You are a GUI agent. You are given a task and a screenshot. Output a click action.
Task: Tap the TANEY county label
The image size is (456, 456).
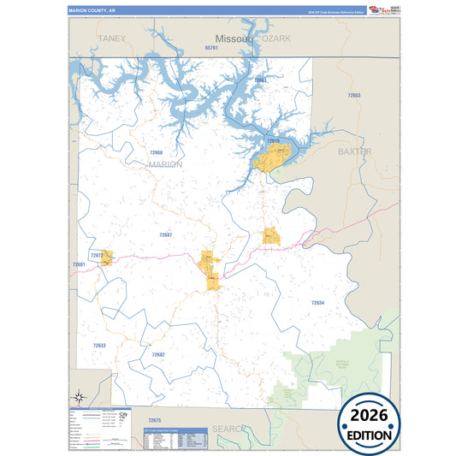pyautogui.click(x=111, y=38)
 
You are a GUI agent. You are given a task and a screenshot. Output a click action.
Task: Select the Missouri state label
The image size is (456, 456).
pyautogui.click(x=233, y=39)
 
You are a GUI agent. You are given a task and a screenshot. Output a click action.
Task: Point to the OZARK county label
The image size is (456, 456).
pyautogui.click(x=276, y=38)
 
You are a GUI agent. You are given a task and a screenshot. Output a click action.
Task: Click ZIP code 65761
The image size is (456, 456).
pyautogui.click(x=212, y=48)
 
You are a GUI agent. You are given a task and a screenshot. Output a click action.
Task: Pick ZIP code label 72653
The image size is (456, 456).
pyautogui.click(x=354, y=95)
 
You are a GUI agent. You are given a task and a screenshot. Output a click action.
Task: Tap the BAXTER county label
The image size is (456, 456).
pyautogui.click(x=355, y=151)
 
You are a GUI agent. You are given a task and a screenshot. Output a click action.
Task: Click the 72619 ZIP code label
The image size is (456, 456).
pyautogui.click(x=273, y=139)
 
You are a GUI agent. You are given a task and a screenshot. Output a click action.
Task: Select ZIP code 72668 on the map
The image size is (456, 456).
pyautogui.click(x=156, y=152)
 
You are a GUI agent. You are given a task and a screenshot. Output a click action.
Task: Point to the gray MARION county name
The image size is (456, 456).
pyautogui.click(x=165, y=164)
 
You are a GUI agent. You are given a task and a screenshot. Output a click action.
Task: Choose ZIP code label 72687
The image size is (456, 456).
pyautogui.click(x=165, y=234)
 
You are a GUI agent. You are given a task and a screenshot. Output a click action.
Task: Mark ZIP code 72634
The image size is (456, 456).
pyautogui.click(x=317, y=303)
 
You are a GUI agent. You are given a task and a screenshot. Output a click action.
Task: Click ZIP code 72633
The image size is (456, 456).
pyautogui.click(x=99, y=346)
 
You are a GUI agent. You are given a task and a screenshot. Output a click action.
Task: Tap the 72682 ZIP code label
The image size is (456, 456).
pyautogui.click(x=158, y=354)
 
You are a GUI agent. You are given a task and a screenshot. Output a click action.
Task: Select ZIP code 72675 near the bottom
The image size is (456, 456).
pyautogui.click(x=154, y=420)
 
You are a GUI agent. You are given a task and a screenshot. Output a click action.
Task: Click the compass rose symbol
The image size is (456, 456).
pyautogui.click(x=80, y=397)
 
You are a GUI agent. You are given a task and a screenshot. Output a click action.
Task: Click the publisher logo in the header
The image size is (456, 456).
pyautogui.click(x=378, y=9)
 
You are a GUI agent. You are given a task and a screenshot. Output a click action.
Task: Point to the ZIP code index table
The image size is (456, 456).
pyautogui.click(x=177, y=438)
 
